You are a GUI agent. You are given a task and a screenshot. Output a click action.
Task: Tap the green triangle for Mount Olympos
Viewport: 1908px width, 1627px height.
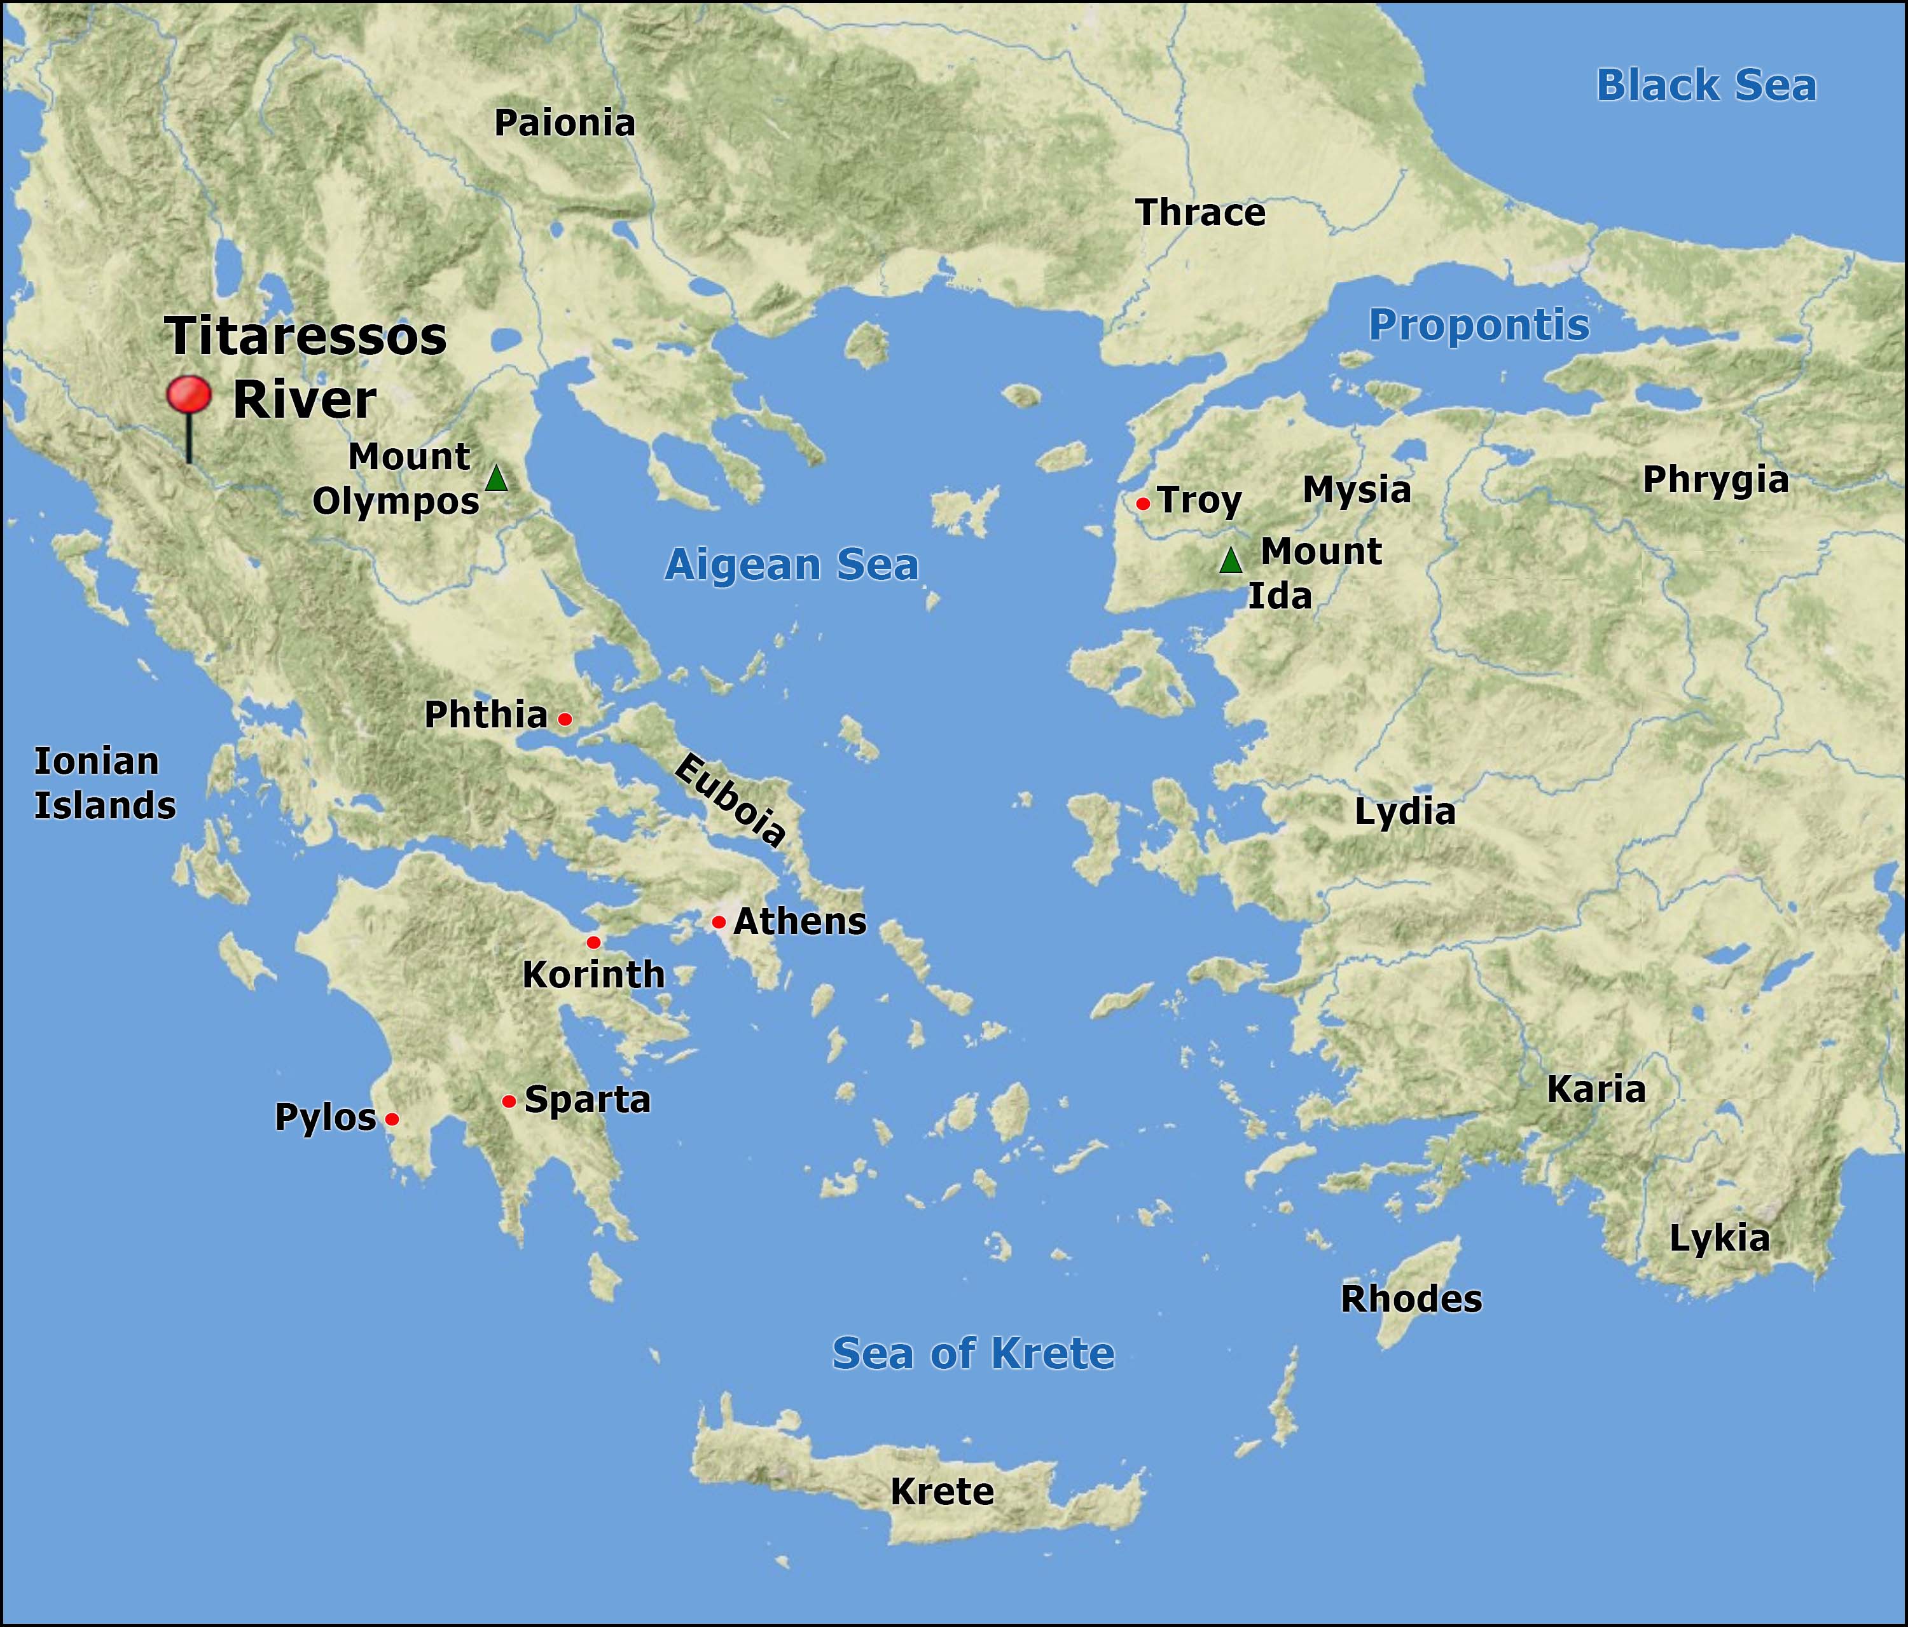tap(496, 479)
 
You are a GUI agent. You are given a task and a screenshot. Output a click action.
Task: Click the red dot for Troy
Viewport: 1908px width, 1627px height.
tap(1143, 504)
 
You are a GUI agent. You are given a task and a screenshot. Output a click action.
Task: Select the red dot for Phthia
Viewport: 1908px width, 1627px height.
tap(565, 719)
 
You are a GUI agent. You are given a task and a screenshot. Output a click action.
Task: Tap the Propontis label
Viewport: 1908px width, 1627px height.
tap(1479, 325)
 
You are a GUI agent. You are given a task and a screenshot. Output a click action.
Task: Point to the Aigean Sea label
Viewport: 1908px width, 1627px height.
tap(792, 565)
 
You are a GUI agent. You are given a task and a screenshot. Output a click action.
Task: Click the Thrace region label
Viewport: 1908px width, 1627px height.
tap(1201, 213)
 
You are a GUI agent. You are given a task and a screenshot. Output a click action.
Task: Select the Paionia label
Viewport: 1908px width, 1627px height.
tap(565, 123)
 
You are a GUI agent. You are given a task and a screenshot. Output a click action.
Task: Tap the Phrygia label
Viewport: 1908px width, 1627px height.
tap(1715, 480)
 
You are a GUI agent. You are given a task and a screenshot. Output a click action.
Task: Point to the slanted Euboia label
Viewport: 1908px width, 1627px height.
tap(730, 799)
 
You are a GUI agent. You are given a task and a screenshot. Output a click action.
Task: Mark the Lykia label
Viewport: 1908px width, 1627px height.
tap(1719, 1239)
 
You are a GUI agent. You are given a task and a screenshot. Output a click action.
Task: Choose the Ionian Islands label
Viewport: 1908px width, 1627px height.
tap(105, 783)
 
